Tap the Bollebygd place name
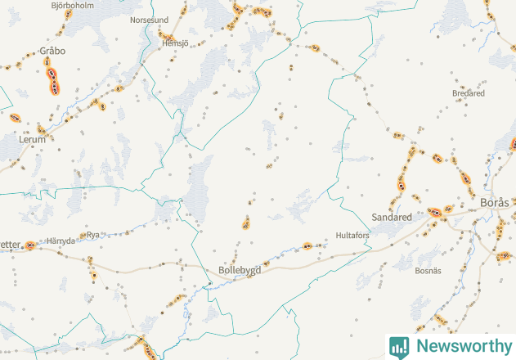click(240, 270)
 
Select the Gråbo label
click(52, 51)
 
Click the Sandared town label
click(392, 218)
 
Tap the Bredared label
click(469, 93)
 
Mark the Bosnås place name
click(428, 270)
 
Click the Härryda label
click(61, 241)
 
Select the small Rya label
click(93, 234)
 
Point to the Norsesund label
click(150, 20)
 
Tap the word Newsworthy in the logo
click(462, 346)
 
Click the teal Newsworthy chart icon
click(399, 346)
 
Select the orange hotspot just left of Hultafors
click(307, 245)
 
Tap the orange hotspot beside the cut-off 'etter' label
click(29, 245)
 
